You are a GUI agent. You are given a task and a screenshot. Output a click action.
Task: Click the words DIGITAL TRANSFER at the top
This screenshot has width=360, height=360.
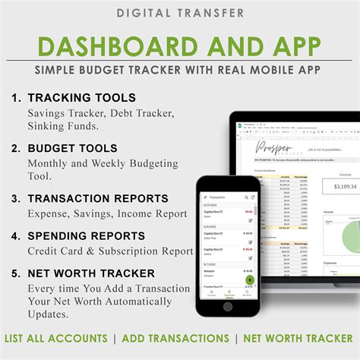[x=180, y=13]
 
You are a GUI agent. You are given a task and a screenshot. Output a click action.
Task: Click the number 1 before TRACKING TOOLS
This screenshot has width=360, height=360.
[x=15, y=98]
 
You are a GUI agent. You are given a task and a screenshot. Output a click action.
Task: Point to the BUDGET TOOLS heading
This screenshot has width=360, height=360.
[x=72, y=148]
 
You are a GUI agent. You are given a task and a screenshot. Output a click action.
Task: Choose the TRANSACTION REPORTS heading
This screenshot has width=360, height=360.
[x=98, y=198]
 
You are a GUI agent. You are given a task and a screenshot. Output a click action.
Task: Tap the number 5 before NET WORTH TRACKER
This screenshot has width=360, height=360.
[x=15, y=273]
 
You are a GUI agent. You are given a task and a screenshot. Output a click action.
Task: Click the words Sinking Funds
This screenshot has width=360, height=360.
[x=60, y=126]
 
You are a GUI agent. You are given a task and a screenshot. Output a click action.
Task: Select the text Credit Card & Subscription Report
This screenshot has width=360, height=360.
[x=110, y=251]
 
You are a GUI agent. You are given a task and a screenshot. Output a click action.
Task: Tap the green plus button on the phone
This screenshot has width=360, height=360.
[x=249, y=279]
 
